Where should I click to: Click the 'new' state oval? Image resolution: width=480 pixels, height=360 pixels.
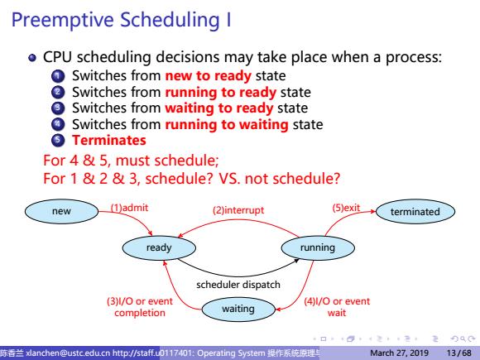click(x=61, y=211)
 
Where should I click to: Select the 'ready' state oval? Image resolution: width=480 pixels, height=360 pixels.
click(x=159, y=247)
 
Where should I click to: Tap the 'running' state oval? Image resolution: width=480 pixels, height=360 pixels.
click(x=318, y=247)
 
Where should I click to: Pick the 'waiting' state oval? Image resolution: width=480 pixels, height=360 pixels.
click(x=238, y=309)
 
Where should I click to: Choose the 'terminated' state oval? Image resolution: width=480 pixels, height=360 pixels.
click(x=415, y=212)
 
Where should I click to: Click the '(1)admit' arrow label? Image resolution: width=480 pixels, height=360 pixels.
click(x=129, y=208)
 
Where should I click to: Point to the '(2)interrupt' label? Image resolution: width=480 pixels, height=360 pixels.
click(x=238, y=210)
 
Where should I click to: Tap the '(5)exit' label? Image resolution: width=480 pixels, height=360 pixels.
click(x=346, y=208)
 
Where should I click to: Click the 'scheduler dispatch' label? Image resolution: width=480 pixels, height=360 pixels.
click(x=238, y=285)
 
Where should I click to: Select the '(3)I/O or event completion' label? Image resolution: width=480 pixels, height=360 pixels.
click(x=140, y=307)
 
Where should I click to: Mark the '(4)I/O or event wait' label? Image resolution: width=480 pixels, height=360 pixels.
click(x=337, y=307)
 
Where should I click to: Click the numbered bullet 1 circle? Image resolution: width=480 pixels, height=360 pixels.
click(x=58, y=76)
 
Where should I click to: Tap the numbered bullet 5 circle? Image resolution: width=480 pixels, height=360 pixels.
click(x=58, y=140)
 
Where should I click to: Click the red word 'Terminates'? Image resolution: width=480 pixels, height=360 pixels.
click(x=109, y=140)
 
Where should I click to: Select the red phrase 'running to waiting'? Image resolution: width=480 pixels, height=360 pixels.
click(x=227, y=125)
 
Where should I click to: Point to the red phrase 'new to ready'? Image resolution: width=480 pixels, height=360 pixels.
click(x=209, y=76)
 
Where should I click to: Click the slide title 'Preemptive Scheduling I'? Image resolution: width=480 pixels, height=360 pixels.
click(x=121, y=20)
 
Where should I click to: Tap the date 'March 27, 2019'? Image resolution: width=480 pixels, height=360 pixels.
click(x=399, y=353)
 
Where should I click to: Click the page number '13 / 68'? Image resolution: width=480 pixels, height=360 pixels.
click(x=458, y=353)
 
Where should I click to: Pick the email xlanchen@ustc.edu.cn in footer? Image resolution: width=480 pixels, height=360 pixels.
click(x=68, y=353)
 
